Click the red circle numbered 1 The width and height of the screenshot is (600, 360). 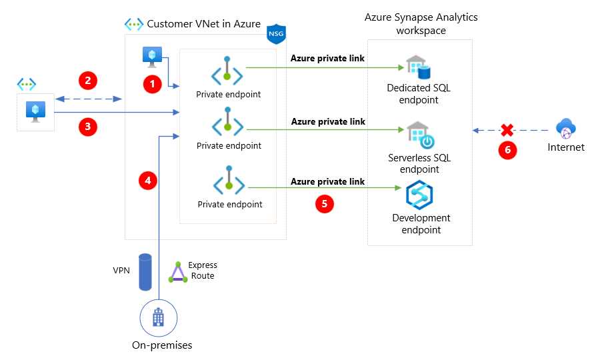point(153,85)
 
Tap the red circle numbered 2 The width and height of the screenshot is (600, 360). point(88,81)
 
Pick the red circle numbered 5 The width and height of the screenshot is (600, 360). point(325,204)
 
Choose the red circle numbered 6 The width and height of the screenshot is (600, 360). point(507,150)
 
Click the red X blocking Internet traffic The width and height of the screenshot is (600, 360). point(507,130)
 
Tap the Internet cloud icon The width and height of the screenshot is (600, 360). point(566,129)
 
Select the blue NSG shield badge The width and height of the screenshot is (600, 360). point(275,33)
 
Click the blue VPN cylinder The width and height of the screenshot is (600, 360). point(145,271)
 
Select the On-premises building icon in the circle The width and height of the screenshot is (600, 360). point(159,318)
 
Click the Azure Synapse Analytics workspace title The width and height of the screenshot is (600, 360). point(421,23)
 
